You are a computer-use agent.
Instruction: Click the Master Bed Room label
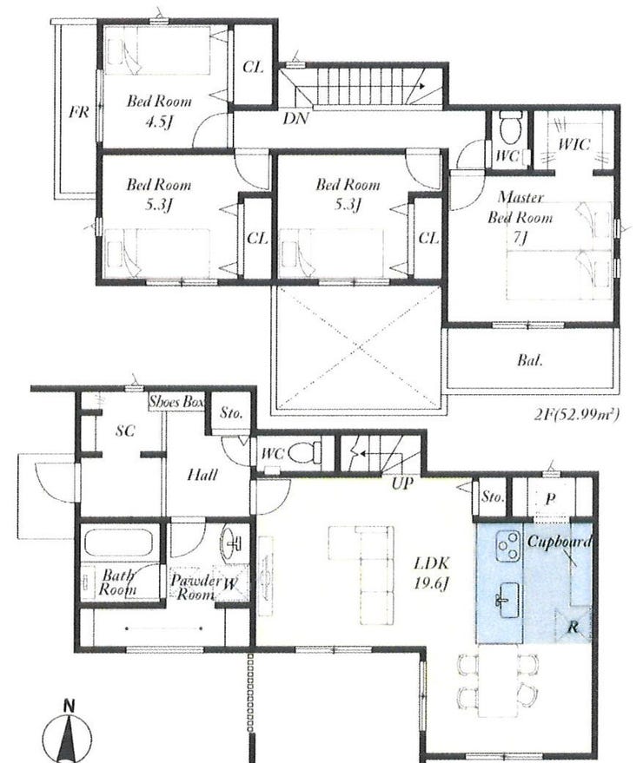520,217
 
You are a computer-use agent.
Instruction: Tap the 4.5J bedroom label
159,111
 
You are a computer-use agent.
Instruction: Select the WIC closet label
573,144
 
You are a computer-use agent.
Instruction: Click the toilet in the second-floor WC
511,128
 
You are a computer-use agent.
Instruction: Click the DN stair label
295,118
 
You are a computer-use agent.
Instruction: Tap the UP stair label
402,483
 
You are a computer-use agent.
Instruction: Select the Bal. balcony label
529,360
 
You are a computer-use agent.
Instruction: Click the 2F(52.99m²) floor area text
576,415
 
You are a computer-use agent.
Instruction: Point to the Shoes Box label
176,402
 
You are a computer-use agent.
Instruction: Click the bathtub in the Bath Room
119,542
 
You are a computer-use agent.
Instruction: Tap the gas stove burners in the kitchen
508,545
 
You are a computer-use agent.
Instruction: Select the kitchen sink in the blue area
507,600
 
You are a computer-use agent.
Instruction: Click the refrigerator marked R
573,625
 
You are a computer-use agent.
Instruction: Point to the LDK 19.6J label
431,573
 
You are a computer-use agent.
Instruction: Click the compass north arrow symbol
67,733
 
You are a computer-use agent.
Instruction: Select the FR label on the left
78,112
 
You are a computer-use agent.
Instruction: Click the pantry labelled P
550,499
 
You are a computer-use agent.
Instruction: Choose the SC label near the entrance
125,431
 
